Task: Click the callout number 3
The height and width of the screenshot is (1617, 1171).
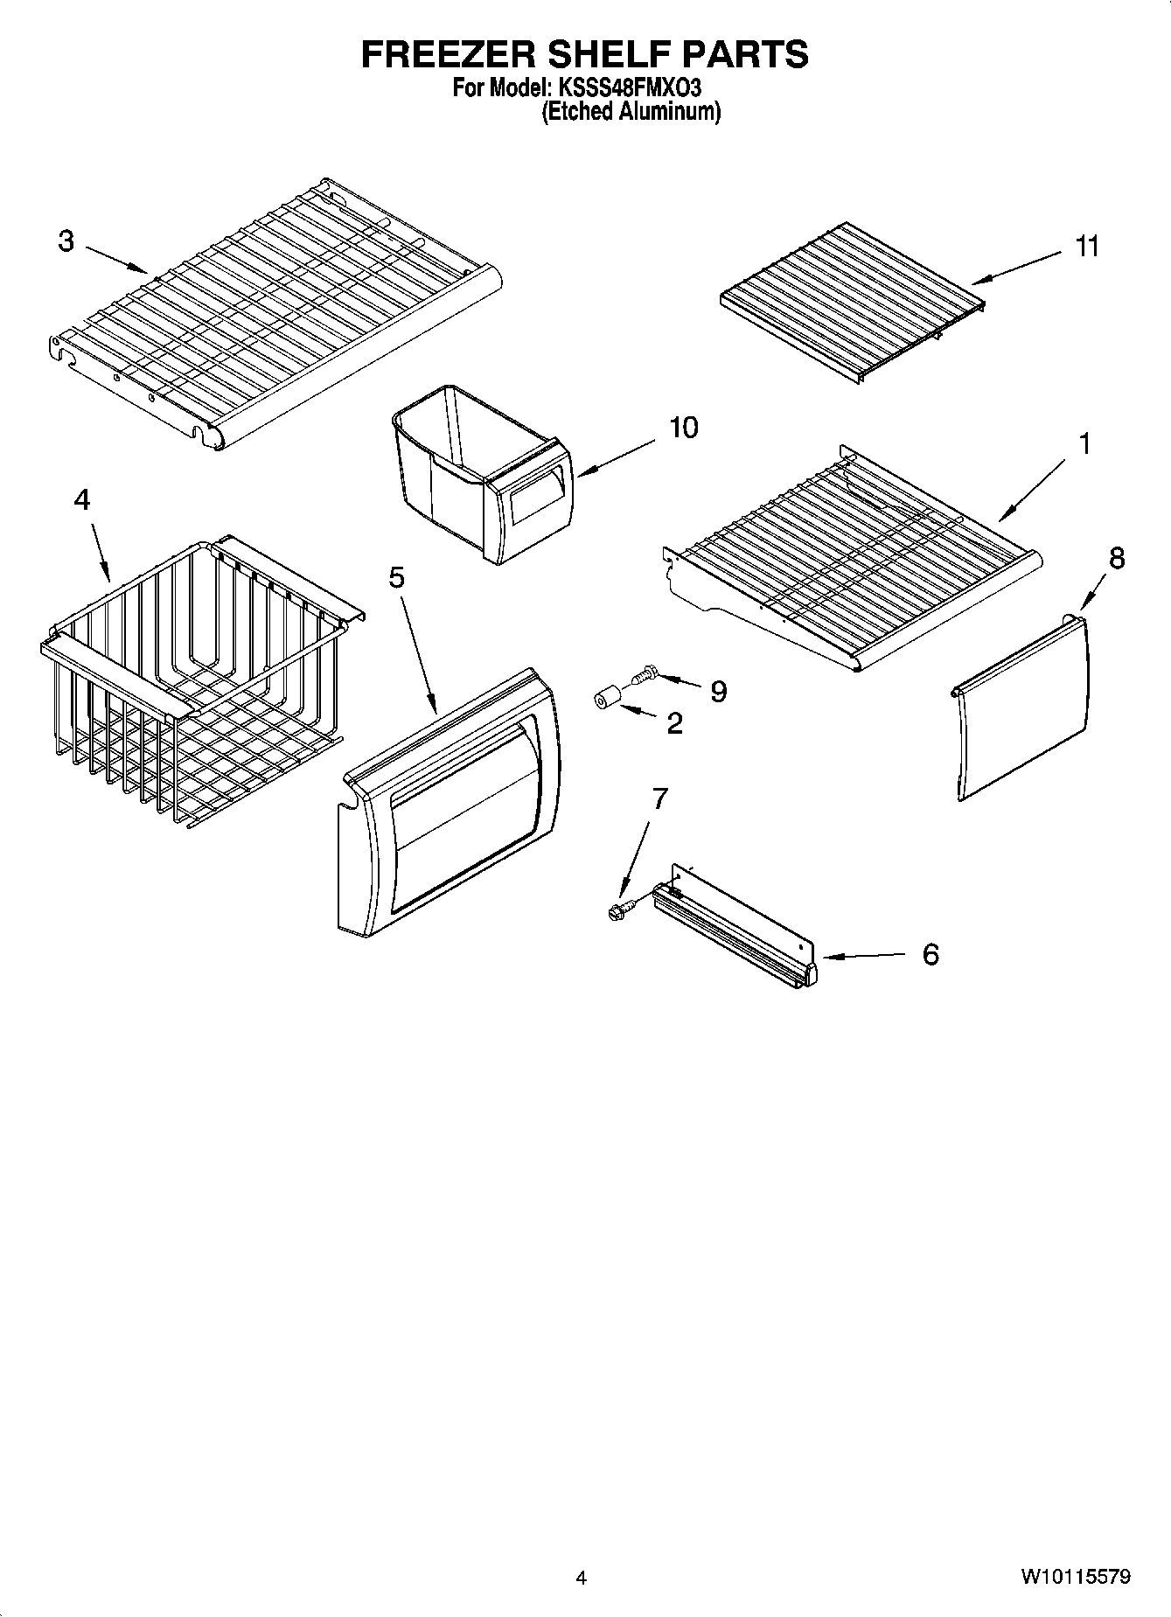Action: (x=66, y=241)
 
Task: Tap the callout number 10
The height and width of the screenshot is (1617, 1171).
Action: (x=684, y=428)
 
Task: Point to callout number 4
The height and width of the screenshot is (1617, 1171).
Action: (x=81, y=499)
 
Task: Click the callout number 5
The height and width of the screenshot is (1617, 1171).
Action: (x=396, y=577)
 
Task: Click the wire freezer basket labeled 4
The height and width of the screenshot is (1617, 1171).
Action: (x=192, y=682)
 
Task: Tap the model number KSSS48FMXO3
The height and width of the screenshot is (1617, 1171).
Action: (x=628, y=88)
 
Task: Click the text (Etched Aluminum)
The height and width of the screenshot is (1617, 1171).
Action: (x=631, y=112)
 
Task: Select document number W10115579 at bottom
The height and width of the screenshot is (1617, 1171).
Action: (x=1075, y=1578)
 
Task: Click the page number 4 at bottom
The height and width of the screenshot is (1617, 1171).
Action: (x=582, y=1578)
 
